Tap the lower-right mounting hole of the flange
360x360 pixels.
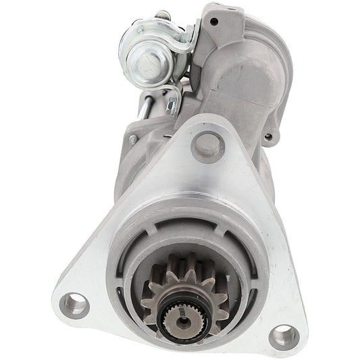[x=282, y=336]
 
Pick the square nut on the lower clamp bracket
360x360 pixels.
[x=174, y=99]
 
